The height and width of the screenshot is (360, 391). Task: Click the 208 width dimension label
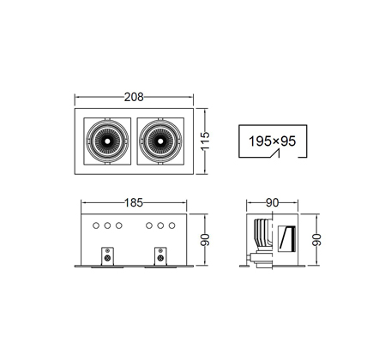[x=134, y=97]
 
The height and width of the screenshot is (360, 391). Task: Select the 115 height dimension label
[x=205, y=141]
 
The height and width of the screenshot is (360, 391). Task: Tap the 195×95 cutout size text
[x=272, y=141]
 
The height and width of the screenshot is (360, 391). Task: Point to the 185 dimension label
[x=134, y=202]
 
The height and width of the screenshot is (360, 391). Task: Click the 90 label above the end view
[x=272, y=202]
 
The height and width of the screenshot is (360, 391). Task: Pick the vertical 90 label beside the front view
[x=205, y=240]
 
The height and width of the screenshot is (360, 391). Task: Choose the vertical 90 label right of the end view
[x=316, y=240]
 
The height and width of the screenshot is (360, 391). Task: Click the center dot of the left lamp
[x=107, y=141]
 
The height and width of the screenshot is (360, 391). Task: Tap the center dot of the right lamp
[x=160, y=141]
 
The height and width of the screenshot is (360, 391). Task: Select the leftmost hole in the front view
[x=96, y=225]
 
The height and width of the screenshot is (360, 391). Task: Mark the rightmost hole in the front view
[x=171, y=225]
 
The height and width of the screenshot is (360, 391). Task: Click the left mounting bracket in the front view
[x=108, y=256]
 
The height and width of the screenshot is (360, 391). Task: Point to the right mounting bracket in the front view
[x=160, y=256]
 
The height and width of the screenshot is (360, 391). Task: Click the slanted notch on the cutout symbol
[x=275, y=153]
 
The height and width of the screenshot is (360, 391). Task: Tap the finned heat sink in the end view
[x=262, y=234]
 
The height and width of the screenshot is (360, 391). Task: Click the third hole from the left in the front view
[x=119, y=225]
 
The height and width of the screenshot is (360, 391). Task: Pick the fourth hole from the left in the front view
[x=148, y=225]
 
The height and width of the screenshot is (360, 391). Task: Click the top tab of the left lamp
[x=107, y=118]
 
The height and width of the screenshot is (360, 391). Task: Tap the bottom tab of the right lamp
[x=160, y=164]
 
